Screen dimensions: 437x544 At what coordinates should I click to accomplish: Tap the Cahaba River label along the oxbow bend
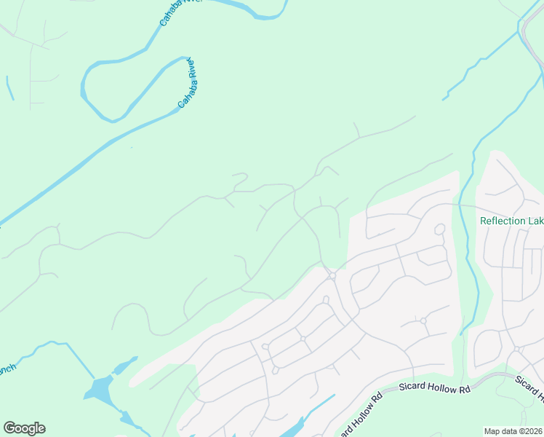[189, 82]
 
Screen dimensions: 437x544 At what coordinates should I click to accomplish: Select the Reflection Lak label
[511, 221]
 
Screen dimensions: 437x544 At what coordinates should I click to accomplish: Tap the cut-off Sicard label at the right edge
[529, 387]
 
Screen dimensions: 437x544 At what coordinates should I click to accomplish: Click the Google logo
[24, 428]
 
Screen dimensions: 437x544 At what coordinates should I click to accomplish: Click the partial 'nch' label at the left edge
[7, 369]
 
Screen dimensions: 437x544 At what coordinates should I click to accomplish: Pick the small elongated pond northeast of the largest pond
[125, 364]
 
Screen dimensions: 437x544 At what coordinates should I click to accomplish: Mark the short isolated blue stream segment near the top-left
[10, 88]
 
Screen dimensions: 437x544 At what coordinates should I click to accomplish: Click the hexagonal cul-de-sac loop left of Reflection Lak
[439, 229]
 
